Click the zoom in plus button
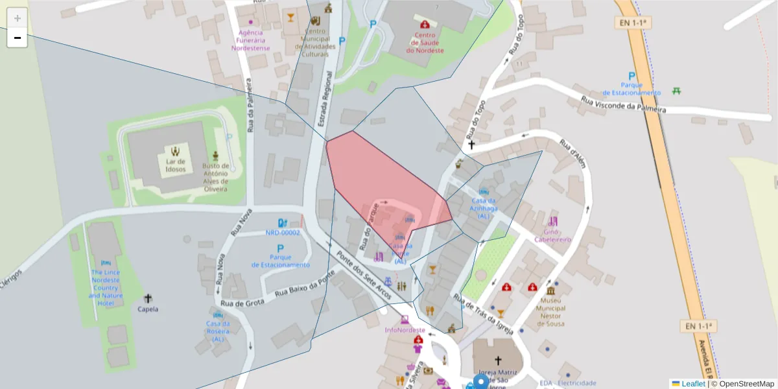[x=18, y=18]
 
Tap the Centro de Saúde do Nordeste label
[x=425, y=43]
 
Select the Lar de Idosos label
[x=175, y=165]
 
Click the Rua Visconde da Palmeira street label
[x=623, y=105]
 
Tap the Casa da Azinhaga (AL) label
[x=484, y=208]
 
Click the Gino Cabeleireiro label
[x=552, y=235]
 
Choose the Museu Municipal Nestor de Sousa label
[x=550, y=312]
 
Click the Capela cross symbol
[x=148, y=298]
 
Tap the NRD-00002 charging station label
[x=283, y=232]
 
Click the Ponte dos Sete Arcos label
[x=363, y=276]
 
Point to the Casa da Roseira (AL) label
[x=217, y=331]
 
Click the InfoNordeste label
[x=405, y=329]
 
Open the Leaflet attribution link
[x=692, y=383]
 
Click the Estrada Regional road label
[x=325, y=98]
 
